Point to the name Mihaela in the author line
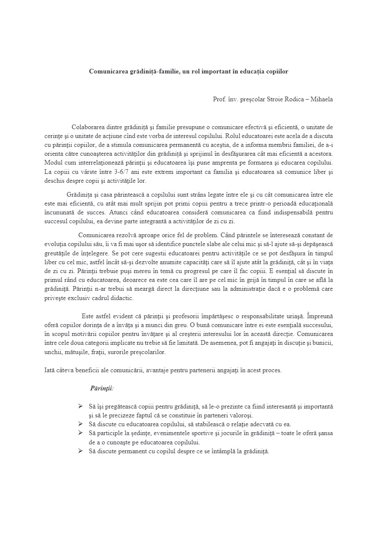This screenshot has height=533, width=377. coord(322,100)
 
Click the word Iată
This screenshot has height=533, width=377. coord(50,371)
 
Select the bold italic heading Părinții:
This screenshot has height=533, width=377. coord(101,388)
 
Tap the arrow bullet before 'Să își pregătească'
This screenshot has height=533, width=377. coord(80,406)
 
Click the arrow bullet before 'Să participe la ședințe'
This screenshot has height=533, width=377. coord(80,433)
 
